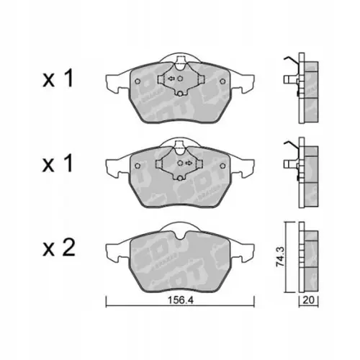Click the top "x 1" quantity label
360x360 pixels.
[58, 81]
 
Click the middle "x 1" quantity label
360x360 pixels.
[58, 164]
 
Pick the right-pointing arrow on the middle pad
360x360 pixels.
[188, 163]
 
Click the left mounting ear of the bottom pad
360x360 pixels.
[115, 253]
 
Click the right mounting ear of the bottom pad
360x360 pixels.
[243, 253]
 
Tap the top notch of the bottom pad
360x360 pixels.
[179, 229]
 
